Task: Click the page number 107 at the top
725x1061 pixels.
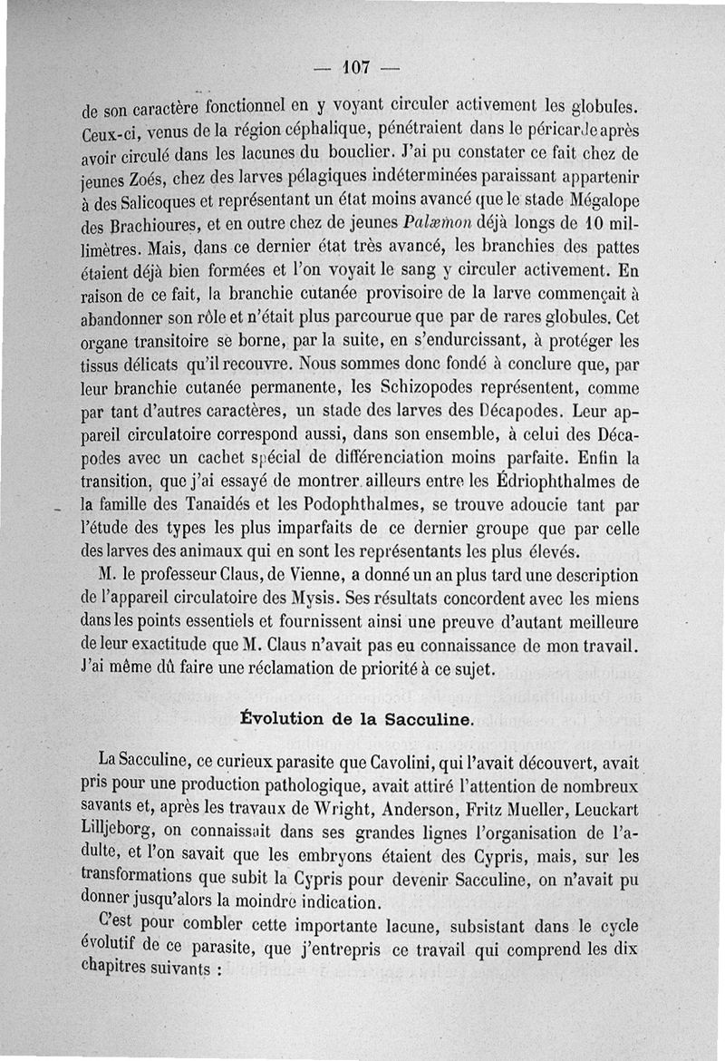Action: point(358,66)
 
